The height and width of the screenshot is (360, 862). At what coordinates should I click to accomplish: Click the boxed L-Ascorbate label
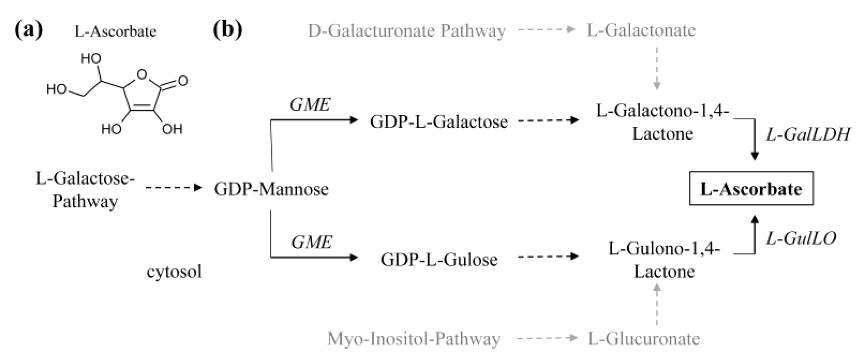coord(751,189)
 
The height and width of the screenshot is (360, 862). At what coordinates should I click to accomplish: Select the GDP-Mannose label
coord(271,189)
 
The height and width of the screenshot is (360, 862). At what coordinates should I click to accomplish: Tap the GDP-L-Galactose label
coord(438,122)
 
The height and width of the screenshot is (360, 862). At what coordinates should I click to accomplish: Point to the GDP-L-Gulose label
coord(439,259)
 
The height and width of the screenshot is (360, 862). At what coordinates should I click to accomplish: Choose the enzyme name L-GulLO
coord(801,238)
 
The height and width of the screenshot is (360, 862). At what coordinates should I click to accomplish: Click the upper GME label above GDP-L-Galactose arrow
coord(310,105)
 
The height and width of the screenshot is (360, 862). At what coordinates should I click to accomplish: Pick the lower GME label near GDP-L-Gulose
coord(311,242)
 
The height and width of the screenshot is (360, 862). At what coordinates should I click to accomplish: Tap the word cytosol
coord(174,272)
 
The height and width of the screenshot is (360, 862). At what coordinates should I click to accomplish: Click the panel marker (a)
coord(29,30)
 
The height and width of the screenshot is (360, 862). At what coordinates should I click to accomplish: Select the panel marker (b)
coord(227,30)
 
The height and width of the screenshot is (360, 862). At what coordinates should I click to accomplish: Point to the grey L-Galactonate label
coord(641,30)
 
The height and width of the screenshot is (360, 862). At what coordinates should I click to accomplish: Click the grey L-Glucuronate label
coord(643,339)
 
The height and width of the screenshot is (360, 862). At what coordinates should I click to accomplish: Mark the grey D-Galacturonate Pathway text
coord(407,31)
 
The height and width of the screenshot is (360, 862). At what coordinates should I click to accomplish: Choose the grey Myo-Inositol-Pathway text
coord(414,339)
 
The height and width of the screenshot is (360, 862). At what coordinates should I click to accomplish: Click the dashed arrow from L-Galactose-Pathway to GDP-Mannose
coord(174,187)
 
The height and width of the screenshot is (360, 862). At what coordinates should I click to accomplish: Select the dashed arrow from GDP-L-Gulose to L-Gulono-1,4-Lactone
coord(548,256)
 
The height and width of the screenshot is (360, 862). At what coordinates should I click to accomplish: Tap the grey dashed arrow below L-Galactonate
coord(657,68)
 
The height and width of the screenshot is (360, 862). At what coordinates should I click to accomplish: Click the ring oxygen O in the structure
coord(142,74)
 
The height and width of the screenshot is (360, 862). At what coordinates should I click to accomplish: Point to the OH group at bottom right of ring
coord(172,129)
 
